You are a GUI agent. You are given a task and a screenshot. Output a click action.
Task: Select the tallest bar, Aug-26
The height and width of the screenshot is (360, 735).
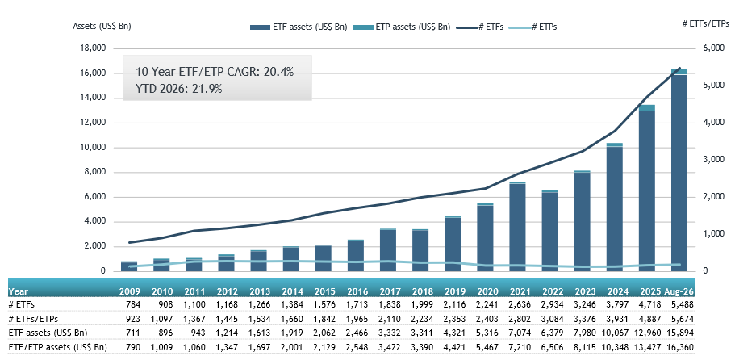679,170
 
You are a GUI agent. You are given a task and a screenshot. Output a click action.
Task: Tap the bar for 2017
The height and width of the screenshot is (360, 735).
388,250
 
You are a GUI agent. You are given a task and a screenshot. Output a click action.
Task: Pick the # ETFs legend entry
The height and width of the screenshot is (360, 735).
483,27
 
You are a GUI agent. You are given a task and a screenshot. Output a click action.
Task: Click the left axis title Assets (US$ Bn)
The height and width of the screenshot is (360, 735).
102,27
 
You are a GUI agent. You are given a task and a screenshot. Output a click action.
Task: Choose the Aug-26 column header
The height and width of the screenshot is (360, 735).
679,291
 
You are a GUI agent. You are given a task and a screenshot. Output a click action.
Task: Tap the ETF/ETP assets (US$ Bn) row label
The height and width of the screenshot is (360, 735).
57,347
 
